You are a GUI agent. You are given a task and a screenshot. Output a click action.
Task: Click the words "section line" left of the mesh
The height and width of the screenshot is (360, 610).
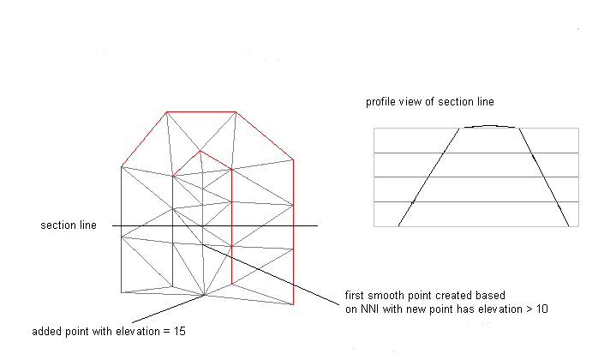coord(69,225)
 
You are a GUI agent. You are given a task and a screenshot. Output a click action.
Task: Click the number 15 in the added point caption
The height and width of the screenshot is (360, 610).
coord(180,331)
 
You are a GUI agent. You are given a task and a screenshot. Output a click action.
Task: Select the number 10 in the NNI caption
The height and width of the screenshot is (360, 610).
coord(542,309)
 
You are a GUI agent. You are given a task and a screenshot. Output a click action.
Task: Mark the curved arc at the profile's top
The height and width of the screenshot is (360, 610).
coord(489,126)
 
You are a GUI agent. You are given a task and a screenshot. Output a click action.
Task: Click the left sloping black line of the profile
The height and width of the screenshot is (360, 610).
coord(428,177)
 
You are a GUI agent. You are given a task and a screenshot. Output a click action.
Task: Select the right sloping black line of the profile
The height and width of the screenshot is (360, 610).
coord(544,177)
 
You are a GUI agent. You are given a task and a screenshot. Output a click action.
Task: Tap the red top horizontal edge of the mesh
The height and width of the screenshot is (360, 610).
coord(201,112)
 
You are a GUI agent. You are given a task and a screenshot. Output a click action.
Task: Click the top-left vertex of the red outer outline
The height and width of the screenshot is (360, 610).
coord(166,112)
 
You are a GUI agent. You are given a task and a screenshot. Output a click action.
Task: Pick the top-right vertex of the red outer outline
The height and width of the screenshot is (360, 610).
coord(236,112)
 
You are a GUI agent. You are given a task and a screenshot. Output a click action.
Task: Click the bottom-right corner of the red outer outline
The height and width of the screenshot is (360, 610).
coord(293,304)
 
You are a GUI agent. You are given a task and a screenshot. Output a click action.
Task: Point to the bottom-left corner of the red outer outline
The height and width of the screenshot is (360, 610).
coord(122,292)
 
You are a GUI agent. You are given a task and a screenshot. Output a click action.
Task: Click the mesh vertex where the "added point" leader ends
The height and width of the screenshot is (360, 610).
coord(205,295)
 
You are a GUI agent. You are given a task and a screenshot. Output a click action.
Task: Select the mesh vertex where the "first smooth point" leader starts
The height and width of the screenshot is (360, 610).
coord(202,244)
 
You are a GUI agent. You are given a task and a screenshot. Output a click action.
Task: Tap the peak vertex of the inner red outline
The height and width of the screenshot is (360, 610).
coord(200,151)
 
